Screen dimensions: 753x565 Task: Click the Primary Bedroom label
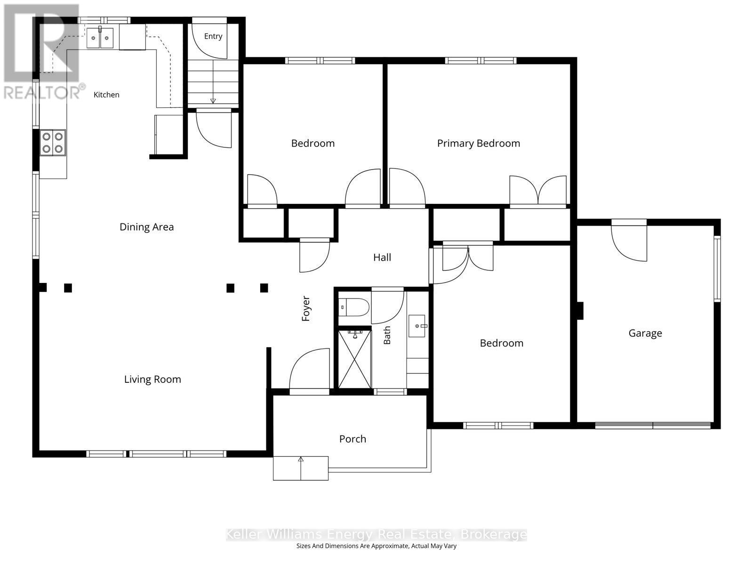[x=478, y=144]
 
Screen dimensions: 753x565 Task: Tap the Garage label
[x=645, y=333]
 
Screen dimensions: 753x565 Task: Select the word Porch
[x=352, y=439]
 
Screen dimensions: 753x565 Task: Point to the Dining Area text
[x=146, y=227]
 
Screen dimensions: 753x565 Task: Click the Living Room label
[x=152, y=379]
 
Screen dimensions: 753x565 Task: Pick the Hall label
[x=382, y=257]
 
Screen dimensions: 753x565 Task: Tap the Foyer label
[x=305, y=308]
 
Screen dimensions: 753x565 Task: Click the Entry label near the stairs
[x=213, y=36]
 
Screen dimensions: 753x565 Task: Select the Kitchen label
[x=106, y=95]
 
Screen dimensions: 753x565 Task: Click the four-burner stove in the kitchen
[x=53, y=143]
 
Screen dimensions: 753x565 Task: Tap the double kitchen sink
[x=99, y=38]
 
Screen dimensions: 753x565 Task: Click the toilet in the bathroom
[x=354, y=307]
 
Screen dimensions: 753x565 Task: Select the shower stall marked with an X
[x=355, y=359]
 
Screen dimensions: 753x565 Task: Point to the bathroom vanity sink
[x=417, y=326]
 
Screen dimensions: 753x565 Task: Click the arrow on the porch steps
[x=301, y=468]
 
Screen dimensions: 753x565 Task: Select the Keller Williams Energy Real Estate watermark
[x=376, y=534]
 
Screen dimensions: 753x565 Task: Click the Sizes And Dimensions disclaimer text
[x=376, y=546]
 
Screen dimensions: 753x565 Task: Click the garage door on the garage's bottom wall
[x=652, y=426]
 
